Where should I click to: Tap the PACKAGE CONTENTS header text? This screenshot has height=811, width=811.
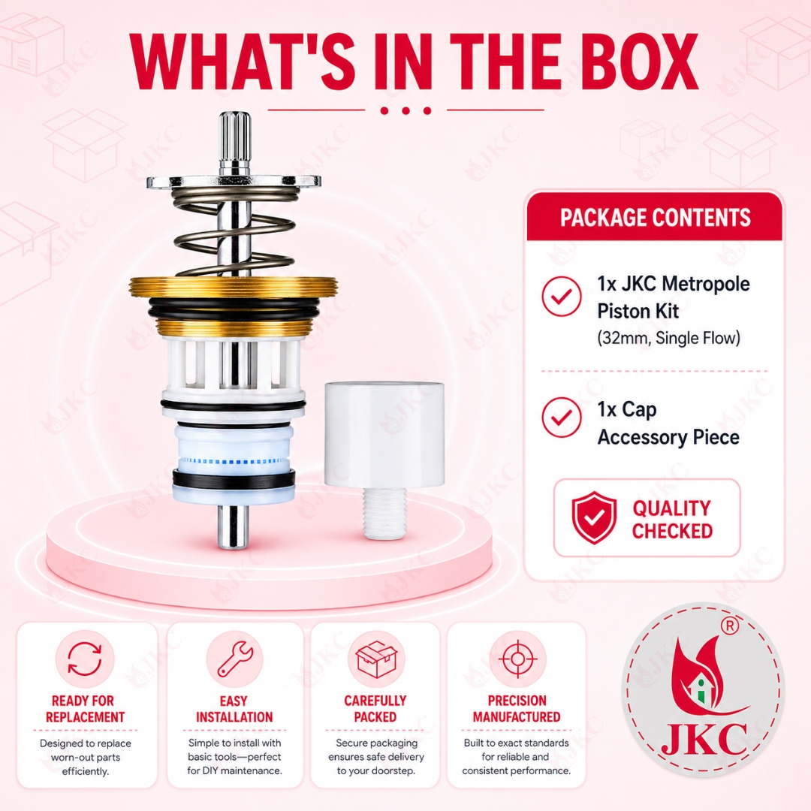tap(655, 217)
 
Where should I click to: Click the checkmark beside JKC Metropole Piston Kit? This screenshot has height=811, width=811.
tap(562, 296)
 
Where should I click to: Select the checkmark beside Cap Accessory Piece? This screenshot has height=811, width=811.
tap(562, 417)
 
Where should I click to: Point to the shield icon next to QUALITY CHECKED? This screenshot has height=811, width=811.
tap(594, 517)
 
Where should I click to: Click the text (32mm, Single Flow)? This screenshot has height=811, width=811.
tap(669, 338)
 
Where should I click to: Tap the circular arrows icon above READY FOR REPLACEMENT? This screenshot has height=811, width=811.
tap(85, 659)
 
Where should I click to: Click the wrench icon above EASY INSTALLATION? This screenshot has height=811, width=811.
tap(235, 659)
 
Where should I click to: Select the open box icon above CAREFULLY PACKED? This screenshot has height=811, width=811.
tap(376, 659)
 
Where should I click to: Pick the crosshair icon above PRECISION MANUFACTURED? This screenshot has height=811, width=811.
tap(517, 659)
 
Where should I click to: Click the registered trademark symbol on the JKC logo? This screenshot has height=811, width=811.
tap(730, 626)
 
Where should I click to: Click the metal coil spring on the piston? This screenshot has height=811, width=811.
tap(234, 231)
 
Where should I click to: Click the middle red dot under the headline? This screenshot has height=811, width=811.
tap(405, 110)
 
